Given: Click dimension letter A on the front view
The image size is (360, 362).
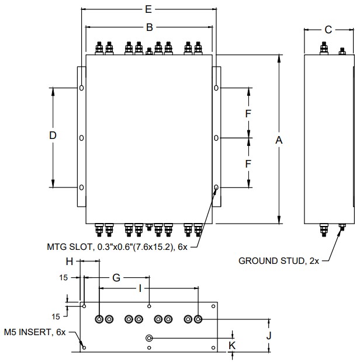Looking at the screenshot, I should click(x=279, y=140).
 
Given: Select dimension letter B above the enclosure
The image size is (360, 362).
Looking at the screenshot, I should click(x=149, y=27).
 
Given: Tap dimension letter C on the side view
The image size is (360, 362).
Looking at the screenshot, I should click(x=328, y=29).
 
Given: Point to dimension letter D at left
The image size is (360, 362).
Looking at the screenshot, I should click(x=53, y=135).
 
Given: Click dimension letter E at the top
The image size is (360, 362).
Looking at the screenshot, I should click(x=148, y=9).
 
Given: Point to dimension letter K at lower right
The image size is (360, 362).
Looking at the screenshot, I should click(x=233, y=345).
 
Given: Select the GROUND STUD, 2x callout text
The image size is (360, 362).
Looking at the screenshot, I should click(x=279, y=260).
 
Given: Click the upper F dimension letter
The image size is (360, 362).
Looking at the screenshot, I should click(x=248, y=113).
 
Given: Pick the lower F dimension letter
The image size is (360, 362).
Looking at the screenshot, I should click(x=248, y=163).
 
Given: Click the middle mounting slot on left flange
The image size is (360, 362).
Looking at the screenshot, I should click(x=81, y=138).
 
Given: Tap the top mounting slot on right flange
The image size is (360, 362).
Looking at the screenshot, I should click(x=216, y=88).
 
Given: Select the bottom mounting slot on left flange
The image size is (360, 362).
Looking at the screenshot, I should click(x=81, y=187).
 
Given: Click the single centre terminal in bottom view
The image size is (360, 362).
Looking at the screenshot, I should click(x=150, y=338).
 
